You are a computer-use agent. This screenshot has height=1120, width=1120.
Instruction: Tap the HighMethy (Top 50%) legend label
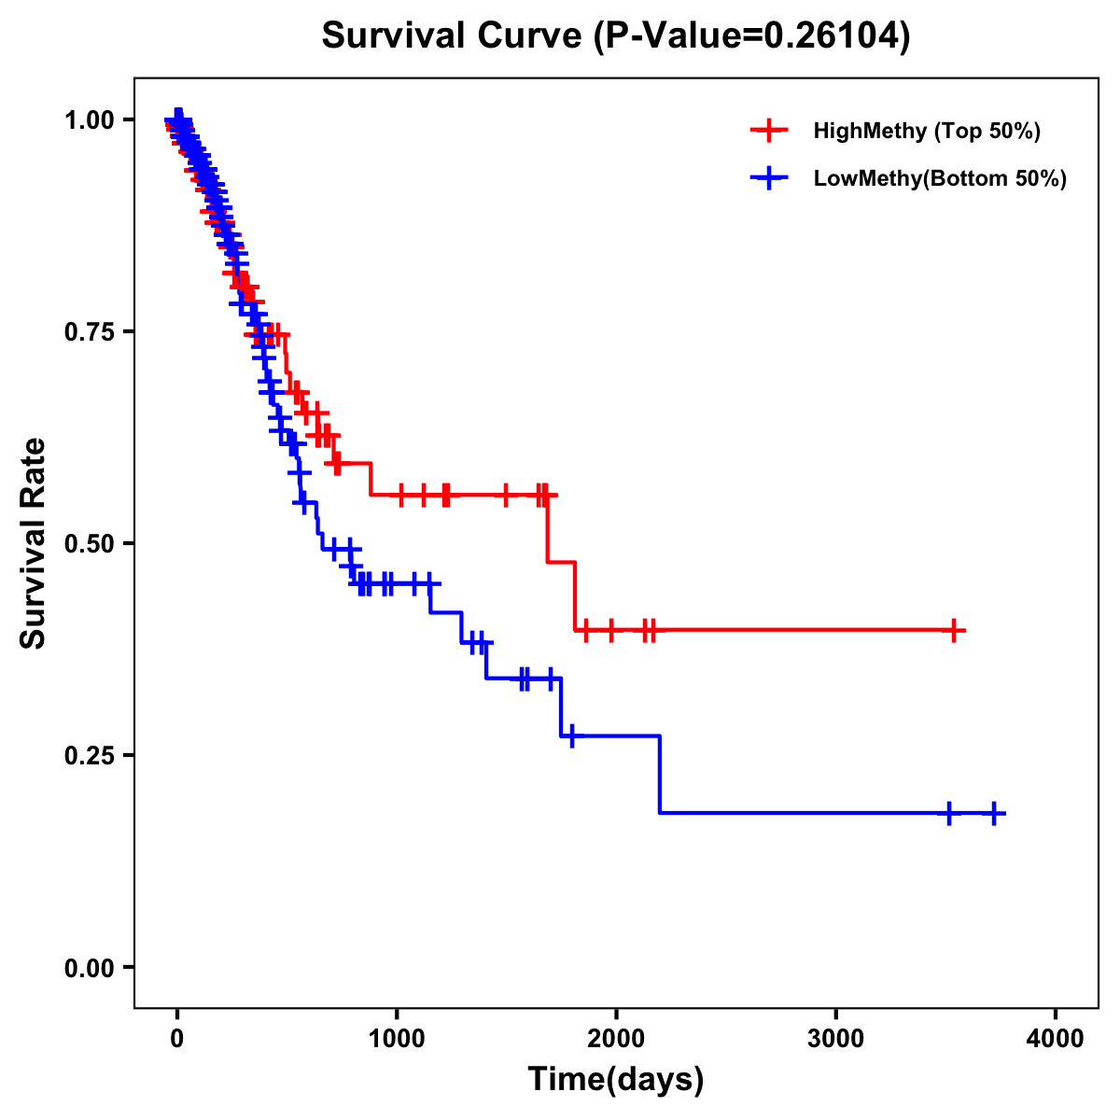pos(927,131)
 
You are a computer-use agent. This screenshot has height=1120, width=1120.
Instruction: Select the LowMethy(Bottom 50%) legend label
pos(940,178)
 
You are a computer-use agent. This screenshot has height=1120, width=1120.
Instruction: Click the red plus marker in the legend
pos(769,131)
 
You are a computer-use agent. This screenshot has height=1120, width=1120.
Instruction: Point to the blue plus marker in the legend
pos(769,178)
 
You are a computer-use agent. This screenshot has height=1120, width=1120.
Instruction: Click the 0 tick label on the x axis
pos(177,1039)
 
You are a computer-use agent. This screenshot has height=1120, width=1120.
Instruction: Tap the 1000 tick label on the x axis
pos(397,1039)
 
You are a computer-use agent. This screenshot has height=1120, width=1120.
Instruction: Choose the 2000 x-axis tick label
pos(616,1039)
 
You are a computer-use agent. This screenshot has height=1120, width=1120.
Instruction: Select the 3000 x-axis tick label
pos(835,1039)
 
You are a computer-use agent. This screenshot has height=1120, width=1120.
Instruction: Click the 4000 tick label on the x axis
pos(1055,1039)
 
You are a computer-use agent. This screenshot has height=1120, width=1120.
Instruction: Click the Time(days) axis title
pos(616,1080)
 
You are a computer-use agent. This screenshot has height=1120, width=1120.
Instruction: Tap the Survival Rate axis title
pos(34,543)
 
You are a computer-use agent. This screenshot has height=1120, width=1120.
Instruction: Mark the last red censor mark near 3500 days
pos(954,631)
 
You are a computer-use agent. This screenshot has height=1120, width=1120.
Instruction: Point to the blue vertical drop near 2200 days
pos(660,775)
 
